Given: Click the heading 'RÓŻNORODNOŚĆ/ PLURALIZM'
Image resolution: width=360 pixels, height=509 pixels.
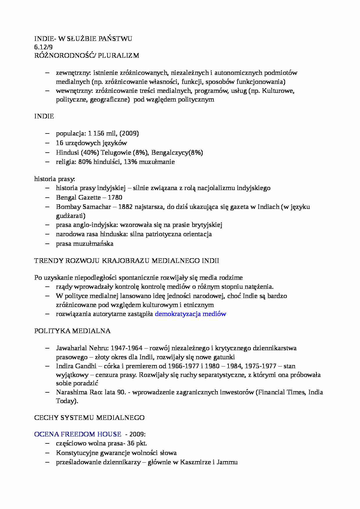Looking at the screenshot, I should point(87,55).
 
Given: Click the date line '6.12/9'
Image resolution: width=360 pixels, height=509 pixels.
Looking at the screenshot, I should point(44,47).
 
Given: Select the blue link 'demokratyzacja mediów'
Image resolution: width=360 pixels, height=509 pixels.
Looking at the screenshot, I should point(190,314).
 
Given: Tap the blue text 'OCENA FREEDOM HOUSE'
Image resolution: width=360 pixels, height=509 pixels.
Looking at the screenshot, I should point(78,434).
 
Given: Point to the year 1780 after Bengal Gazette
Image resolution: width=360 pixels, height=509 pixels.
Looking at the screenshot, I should point(114,197).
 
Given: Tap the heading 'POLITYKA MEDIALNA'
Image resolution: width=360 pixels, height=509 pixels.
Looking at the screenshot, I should point(72,331).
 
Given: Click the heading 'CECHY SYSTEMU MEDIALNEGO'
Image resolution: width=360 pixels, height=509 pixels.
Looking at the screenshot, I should point(89,418).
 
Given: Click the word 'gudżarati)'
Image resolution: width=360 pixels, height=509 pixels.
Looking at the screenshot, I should point(71,216).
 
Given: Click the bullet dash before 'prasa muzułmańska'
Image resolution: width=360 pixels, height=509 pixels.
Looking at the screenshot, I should point(48,243).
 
